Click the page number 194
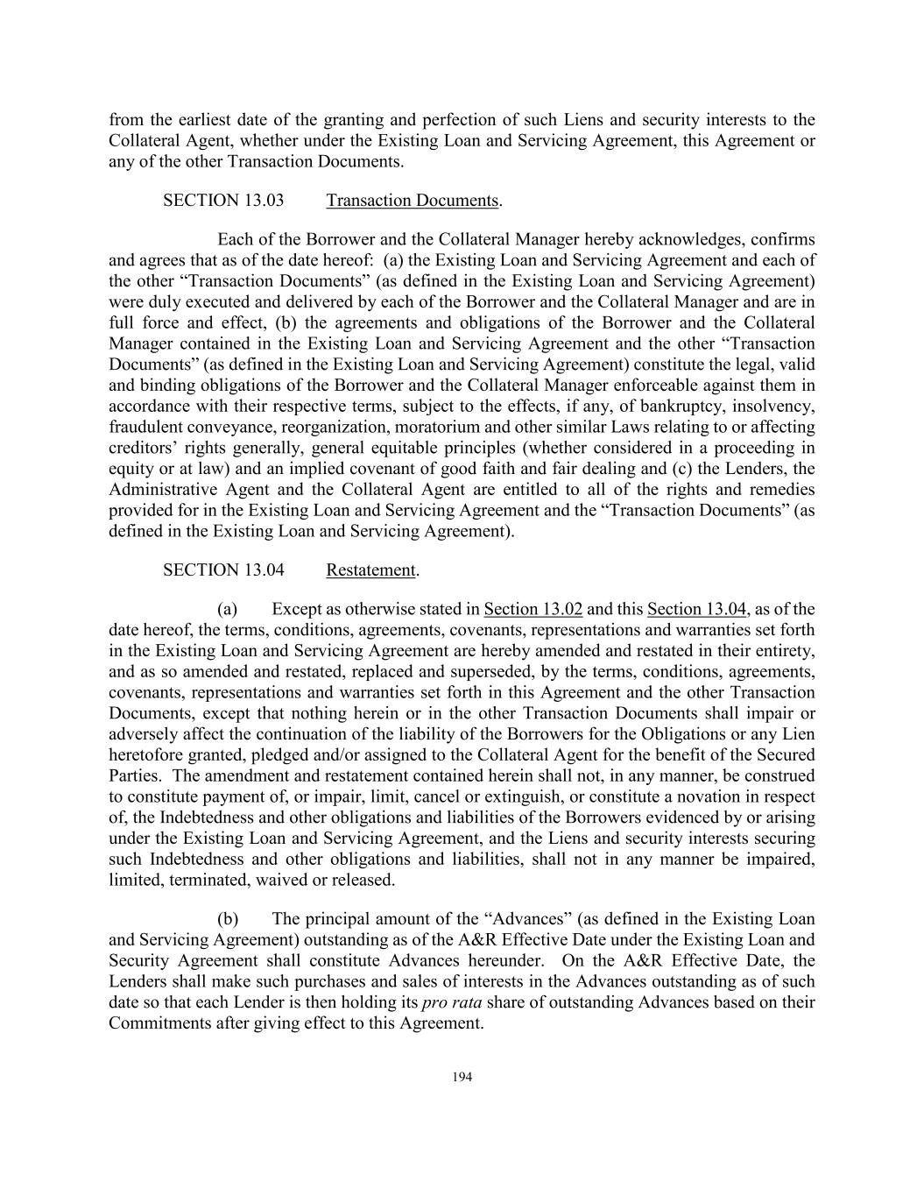(x=462, y=1078)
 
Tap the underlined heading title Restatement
(x=370, y=570)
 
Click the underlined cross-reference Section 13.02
(x=533, y=610)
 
